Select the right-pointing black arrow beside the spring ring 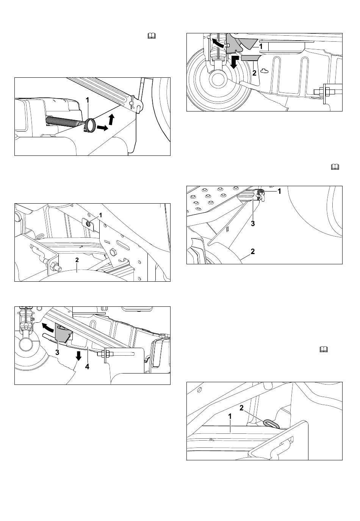[102, 127]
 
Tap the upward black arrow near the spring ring [111, 119]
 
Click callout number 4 [87, 367]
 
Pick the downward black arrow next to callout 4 [78, 356]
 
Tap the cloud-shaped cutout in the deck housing [263, 71]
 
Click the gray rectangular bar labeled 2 [250, 58]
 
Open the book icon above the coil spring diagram [152, 36]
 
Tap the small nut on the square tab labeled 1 [88, 224]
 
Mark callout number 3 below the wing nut [253, 223]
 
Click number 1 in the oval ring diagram [230, 416]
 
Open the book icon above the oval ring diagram [324, 349]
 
